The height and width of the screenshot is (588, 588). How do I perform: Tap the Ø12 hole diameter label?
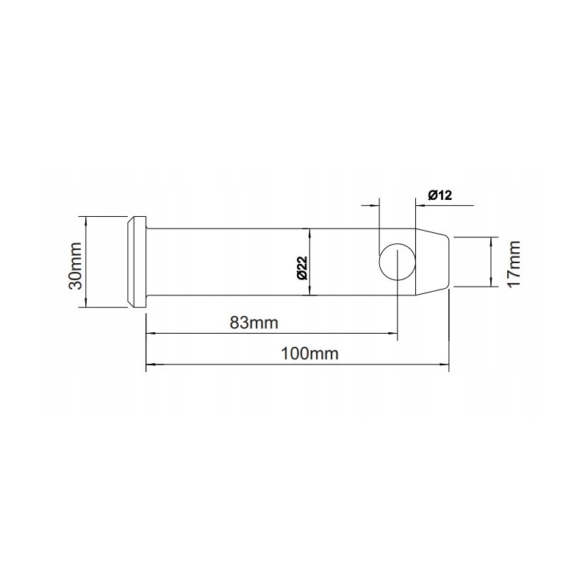pyautogui.click(x=439, y=195)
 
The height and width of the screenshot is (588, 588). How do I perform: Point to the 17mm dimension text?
pyautogui.click(x=513, y=262)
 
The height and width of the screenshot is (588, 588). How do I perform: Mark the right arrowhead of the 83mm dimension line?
pyautogui.click(x=392, y=333)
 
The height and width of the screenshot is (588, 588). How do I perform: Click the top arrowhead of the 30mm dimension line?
pyautogui.click(x=87, y=220)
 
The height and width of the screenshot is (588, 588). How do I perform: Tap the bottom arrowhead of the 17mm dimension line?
pyautogui.click(x=490, y=283)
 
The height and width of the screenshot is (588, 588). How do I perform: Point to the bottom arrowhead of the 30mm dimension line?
pyautogui.click(x=87, y=304)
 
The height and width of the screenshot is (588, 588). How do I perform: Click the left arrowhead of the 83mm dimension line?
pyautogui.click(x=151, y=333)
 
